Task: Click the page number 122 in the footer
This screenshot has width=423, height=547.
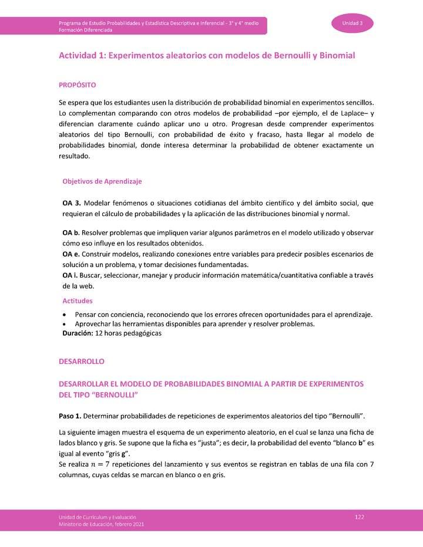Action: click(x=360, y=516)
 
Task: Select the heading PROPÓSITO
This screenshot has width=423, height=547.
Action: click(x=77, y=85)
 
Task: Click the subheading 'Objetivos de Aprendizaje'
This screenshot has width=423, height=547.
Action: click(x=102, y=181)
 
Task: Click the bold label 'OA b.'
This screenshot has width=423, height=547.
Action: click(x=71, y=232)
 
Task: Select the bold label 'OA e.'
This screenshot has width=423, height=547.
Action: click(x=71, y=254)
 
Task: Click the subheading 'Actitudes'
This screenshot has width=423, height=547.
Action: click(x=78, y=301)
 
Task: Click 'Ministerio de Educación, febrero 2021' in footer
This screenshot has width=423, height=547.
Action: click(x=100, y=524)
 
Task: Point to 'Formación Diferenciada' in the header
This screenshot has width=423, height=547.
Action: click(x=85, y=29)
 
